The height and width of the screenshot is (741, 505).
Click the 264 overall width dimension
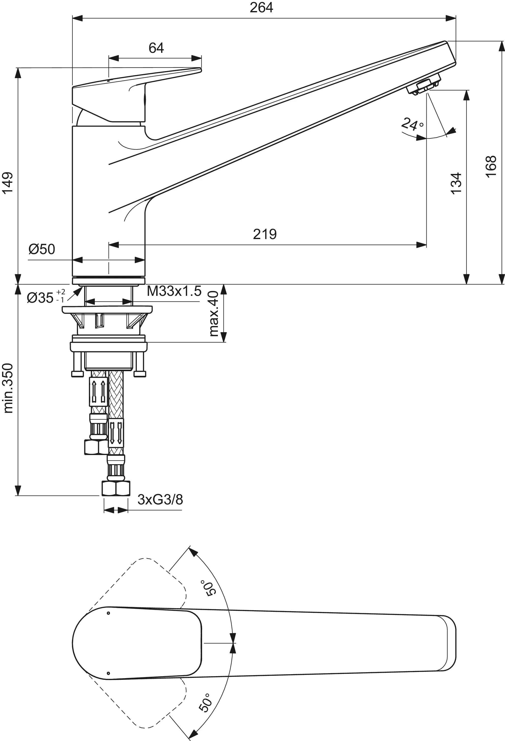pyautogui.click(x=261, y=8)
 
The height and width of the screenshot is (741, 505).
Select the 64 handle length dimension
pyautogui.click(x=156, y=48)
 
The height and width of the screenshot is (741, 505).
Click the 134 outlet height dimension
pyautogui.click(x=456, y=183)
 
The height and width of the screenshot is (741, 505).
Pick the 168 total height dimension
pyautogui.click(x=491, y=166)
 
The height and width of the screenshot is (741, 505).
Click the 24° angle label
pyautogui.click(x=412, y=124)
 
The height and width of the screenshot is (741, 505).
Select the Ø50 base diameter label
pyautogui.click(x=42, y=249)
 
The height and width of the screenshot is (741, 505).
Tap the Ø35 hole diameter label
pyautogui.click(x=41, y=298)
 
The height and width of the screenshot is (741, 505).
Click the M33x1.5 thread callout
pyautogui.click(x=174, y=291)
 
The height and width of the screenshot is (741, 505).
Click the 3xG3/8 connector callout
pyautogui.click(x=160, y=500)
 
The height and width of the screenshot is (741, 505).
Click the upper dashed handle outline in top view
pyautogui.click(x=137, y=571)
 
